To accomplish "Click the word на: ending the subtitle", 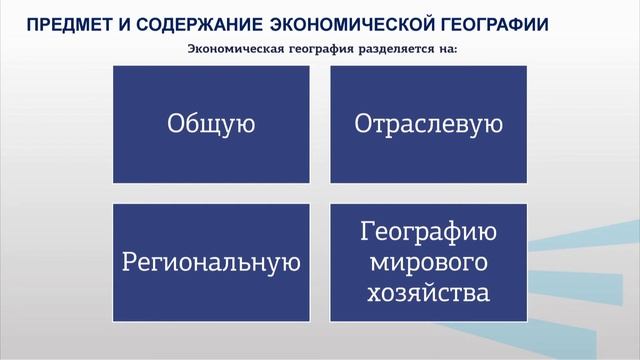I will point(446,50).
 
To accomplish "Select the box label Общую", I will point(211,125).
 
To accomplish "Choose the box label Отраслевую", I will point(428,125).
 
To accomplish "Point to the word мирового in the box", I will point(428,264).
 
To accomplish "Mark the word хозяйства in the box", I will point(428,294).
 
